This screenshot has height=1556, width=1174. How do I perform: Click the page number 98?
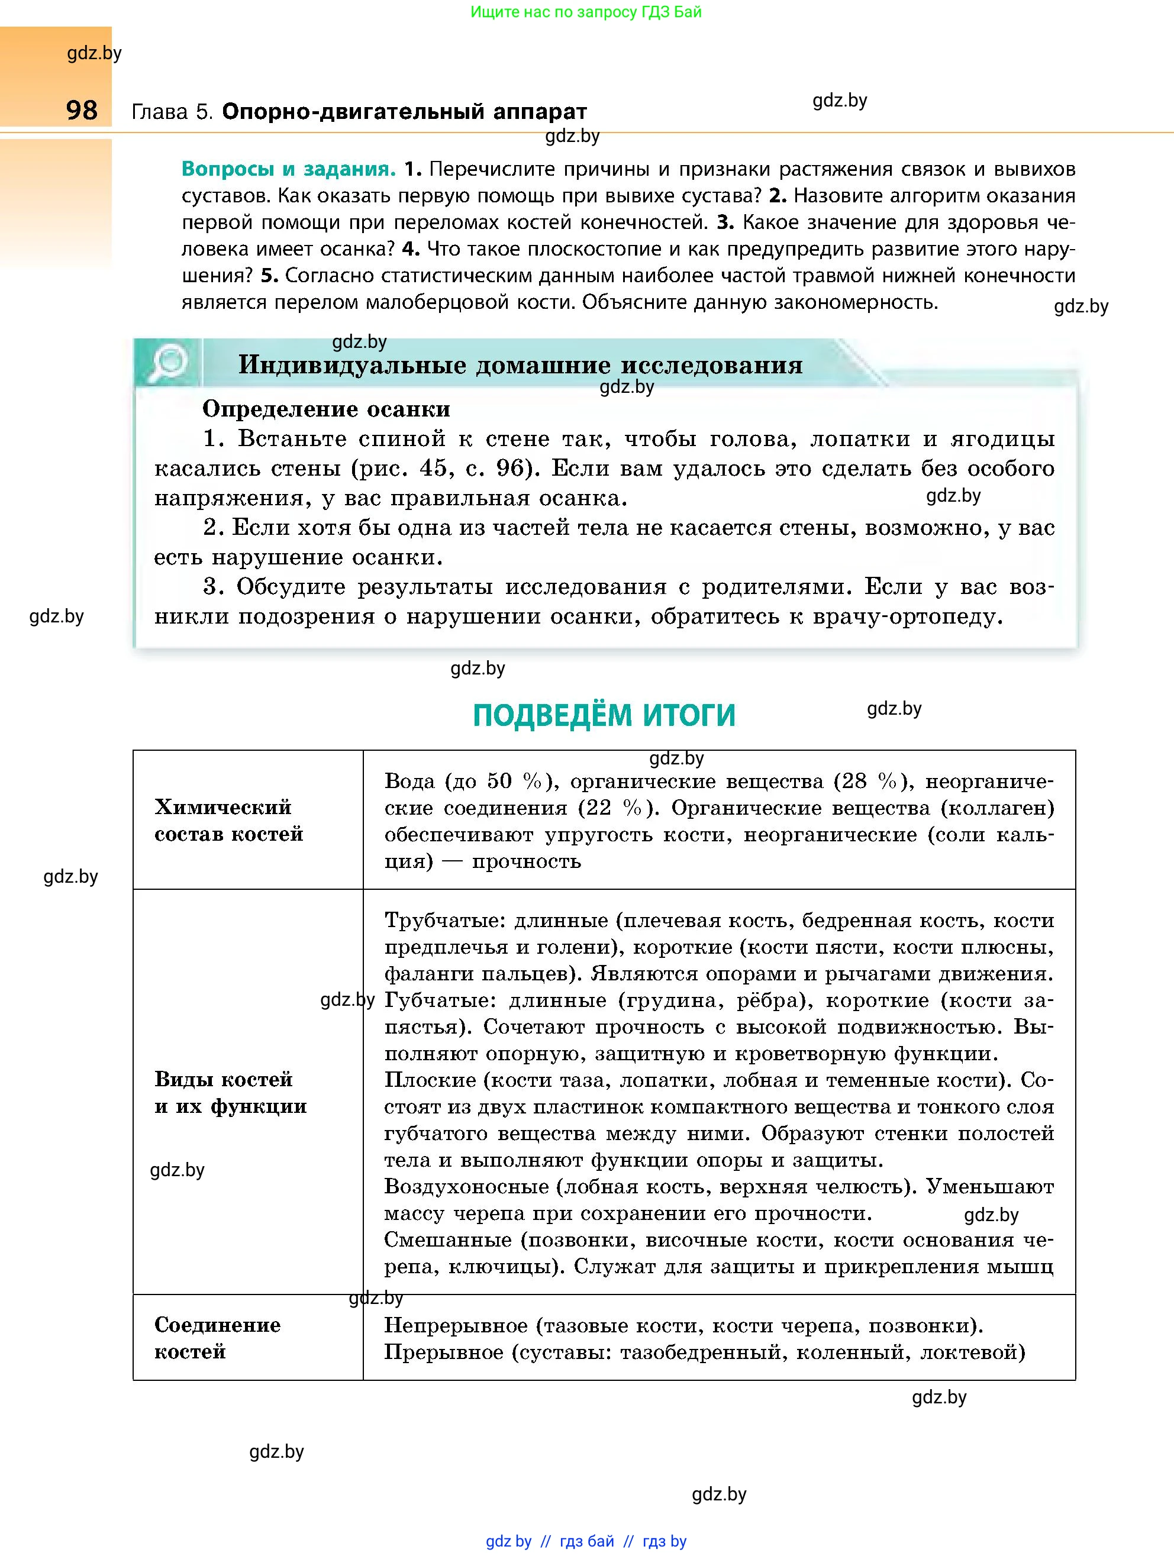pyautogui.click(x=82, y=111)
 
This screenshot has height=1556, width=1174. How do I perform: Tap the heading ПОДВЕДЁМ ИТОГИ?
pyautogui.click(x=604, y=715)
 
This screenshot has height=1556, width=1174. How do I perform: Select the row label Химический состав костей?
pyautogui.click(x=228, y=820)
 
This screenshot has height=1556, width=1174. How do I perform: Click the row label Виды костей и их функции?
pyautogui.click(x=230, y=1092)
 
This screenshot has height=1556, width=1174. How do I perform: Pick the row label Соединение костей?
pyautogui.click(x=217, y=1337)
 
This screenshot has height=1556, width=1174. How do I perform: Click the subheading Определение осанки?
pyautogui.click(x=325, y=409)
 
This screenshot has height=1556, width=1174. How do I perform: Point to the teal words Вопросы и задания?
pyautogui.click(x=288, y=170)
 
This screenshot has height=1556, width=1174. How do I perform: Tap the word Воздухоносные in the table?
pyautogui.click(x=466, y=1187)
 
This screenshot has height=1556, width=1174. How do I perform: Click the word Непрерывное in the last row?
pyautogui.click(x=456, y=1325)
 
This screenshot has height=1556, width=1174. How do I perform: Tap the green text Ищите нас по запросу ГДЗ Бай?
pyautogui.click(x=586, y=12)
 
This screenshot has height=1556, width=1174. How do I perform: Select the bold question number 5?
pyautogui.click(x=269, y=276)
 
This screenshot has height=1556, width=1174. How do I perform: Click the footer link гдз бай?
pyautogui.click(x=586, y=1541)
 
